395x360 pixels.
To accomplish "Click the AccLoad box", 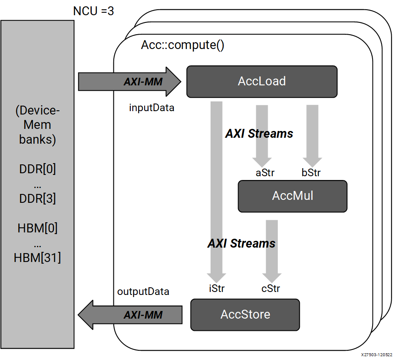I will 262,81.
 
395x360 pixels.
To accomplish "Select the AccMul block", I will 292,196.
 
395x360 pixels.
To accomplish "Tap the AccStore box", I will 245,314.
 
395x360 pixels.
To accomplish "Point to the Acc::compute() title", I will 182,45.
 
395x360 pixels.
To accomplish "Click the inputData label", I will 151,108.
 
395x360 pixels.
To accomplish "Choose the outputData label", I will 143,292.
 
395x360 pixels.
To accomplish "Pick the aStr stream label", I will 265,173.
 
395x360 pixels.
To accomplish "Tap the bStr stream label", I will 311,173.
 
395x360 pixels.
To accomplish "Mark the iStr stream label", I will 217,289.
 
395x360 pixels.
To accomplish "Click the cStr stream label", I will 271,289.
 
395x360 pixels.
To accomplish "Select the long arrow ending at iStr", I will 216,190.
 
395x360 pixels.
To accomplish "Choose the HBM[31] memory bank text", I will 38,257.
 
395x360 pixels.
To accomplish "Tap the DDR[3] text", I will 38,198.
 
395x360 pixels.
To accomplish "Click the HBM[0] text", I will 38,229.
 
